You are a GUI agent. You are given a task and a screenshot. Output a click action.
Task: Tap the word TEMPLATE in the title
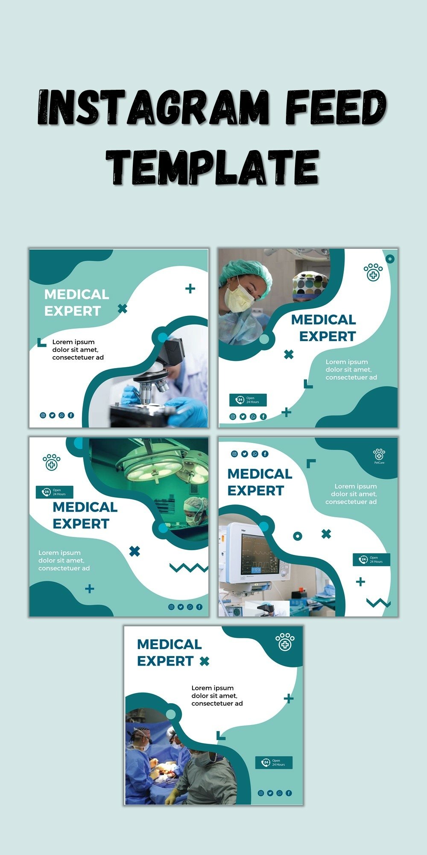[212, 167]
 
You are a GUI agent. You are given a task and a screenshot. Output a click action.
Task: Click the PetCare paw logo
[379, 455]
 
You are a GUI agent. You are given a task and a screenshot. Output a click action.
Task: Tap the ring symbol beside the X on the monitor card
[298, 536]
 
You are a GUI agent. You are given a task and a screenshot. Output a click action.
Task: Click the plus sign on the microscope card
[190, 289]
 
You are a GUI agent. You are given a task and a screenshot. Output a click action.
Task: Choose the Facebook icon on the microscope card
[71, 415]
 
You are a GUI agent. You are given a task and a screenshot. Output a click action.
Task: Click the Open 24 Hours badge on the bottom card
[274, 763]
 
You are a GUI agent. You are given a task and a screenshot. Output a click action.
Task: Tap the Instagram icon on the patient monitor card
[234, 454]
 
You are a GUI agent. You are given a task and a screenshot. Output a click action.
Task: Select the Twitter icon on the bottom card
[270, 793]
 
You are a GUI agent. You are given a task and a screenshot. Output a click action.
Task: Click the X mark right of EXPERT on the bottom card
[205, 661]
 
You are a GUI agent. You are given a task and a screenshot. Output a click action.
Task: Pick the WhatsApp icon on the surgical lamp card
[190, 607]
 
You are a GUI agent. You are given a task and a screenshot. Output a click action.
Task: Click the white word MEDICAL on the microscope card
[76, 295]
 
